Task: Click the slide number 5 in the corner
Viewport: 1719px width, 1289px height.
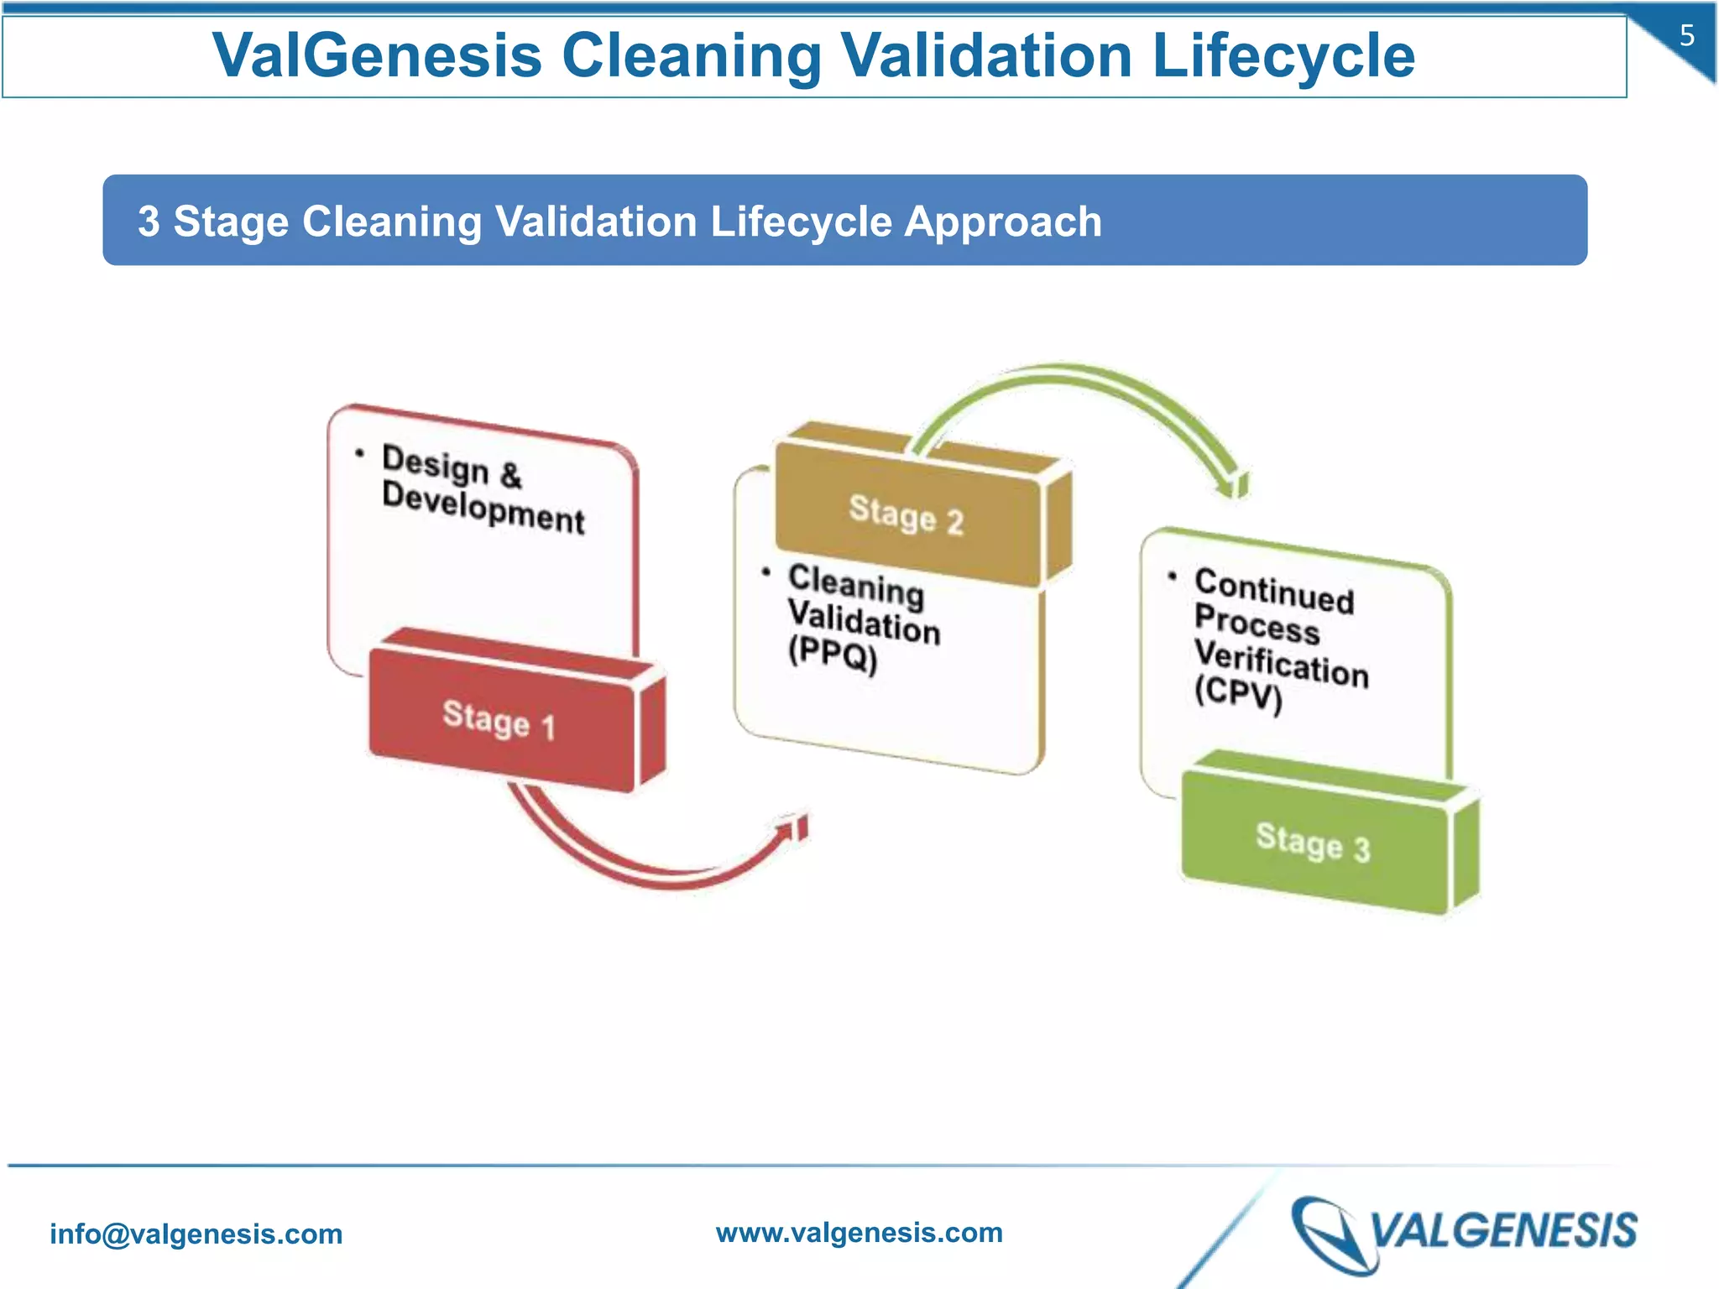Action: click(x=1686, y=36)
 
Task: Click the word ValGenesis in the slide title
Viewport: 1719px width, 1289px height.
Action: click(x=377, y=55)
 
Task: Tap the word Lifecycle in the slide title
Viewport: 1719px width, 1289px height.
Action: click(x=1283, y=55)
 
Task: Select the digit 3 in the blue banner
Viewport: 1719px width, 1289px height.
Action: click(x=149, y=222)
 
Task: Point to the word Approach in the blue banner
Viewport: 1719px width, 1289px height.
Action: click(x=1003, y=222)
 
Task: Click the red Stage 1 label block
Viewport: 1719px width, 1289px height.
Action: click(x=500, y=720)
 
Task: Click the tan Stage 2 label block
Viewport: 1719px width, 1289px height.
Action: click(x=907, y=514)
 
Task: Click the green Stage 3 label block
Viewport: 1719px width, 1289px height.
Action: click(x=1314, y=842)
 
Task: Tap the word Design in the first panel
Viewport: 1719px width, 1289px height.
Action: click(x=435, y=464)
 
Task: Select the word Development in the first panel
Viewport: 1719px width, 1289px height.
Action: click(x=483, y=507)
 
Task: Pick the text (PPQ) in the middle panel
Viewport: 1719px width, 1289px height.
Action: click(x=833, y=654)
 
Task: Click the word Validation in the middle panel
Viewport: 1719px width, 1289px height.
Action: click(x=864, y=622)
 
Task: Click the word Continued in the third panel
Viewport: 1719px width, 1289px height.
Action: click(x=1274, y=591)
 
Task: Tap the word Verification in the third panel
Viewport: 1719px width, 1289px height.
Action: click(x=1281, y=662)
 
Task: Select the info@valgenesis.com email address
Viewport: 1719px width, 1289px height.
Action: click(x=196, y=1234)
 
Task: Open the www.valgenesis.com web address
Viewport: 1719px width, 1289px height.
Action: click(x=859, y=1232)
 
